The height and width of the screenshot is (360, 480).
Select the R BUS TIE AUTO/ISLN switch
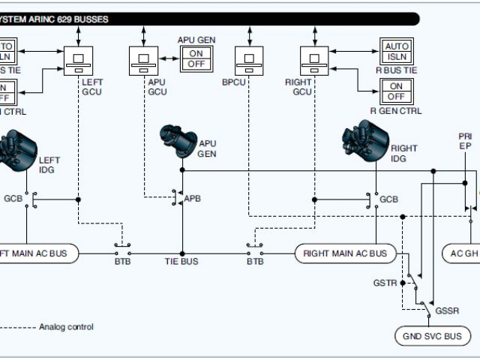397,52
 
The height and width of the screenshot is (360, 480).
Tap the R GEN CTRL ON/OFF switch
396,91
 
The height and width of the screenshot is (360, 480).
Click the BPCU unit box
249,58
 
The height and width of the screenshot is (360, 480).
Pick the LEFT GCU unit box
78,58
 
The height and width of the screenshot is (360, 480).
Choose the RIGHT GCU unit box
314,58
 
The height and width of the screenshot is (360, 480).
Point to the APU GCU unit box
142,58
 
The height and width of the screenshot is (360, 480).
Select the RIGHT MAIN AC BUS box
346,253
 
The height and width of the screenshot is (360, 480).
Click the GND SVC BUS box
433,336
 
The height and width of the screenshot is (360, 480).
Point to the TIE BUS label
181,262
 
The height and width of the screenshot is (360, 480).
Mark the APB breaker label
193,199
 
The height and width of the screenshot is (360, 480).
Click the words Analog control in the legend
67,327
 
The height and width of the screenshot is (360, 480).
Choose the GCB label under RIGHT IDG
388,199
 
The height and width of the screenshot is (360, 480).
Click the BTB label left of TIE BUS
123,262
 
